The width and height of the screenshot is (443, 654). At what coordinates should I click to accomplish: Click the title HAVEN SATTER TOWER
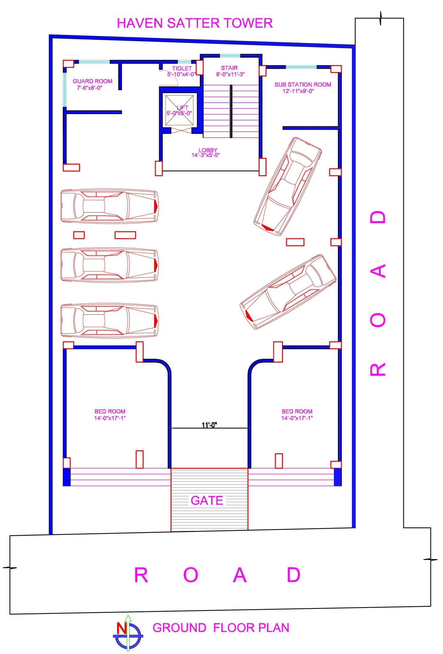[195, 23]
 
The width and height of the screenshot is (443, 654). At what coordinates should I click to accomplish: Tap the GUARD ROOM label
[92, 81]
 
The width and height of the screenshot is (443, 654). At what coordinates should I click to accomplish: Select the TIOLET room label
[182, 68]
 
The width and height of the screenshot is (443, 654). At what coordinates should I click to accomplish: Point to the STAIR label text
[229, 68]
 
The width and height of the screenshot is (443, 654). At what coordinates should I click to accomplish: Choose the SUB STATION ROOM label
[303, 85]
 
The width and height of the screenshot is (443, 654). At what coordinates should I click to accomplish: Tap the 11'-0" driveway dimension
[209, 425]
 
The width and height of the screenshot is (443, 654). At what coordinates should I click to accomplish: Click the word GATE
[207, 501]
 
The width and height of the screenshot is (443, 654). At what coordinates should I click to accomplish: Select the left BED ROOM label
[110, 412]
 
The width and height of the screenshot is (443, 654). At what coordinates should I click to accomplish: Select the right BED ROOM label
[297, 412]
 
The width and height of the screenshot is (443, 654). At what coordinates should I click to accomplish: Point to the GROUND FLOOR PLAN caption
[221, 628]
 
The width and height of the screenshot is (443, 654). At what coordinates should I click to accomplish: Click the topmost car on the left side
[109, 206]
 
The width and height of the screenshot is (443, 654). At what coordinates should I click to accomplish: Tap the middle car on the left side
[109, 265]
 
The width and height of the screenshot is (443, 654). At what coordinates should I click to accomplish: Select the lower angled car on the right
[288, 292]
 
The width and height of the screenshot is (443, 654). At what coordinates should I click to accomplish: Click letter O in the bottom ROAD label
[191, 575]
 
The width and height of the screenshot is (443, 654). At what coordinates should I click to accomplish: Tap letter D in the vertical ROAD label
[378, 217]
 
